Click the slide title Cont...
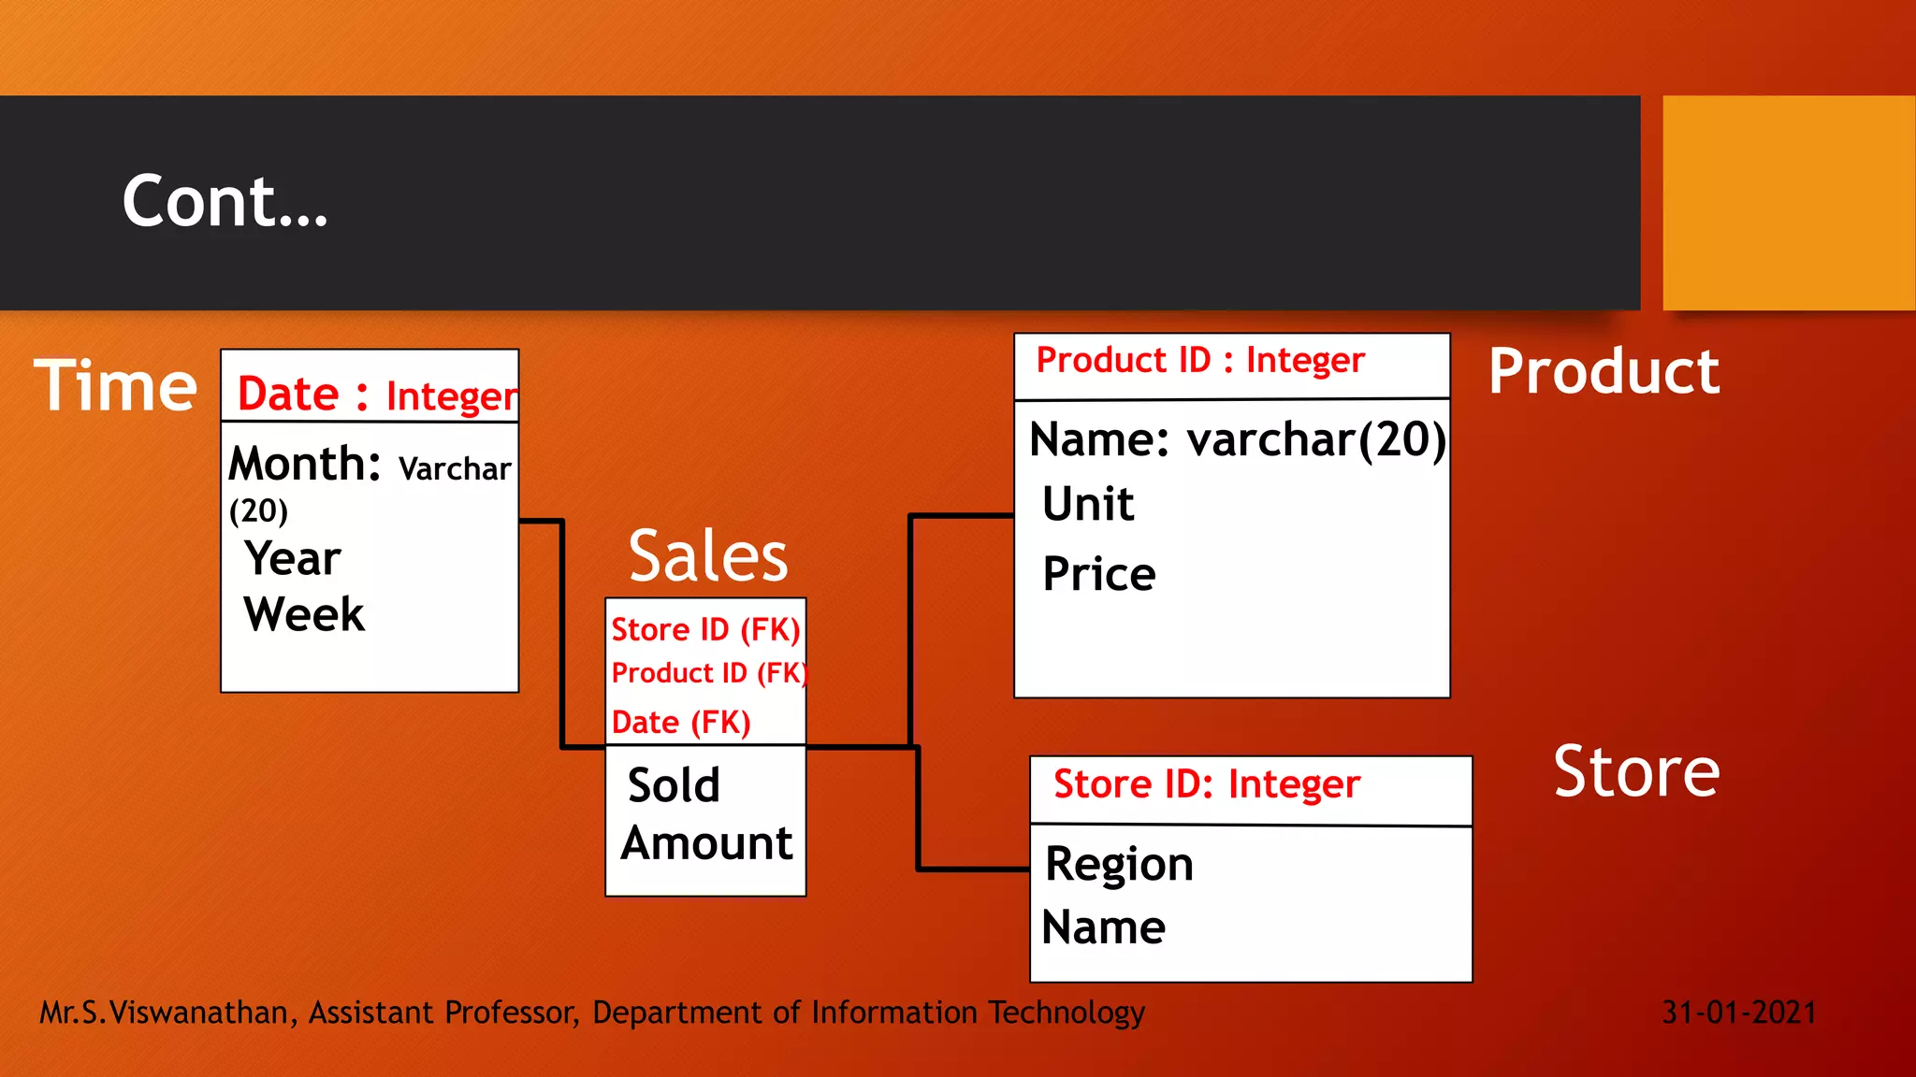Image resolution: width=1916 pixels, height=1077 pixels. tap(225, 202)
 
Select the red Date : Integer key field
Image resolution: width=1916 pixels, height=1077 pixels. tap(376, 395)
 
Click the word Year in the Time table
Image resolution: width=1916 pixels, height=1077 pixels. tap(293, 559)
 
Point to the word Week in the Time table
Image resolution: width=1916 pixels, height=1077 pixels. tap(304, 615)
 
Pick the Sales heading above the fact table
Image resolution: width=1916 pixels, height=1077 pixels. tap(708, 556)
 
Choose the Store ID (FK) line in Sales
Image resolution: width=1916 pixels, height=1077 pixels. tap(705, 630)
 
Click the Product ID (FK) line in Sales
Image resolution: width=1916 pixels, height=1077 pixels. tap(708, 673)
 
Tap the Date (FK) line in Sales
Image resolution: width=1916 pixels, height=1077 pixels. tap(681, 723)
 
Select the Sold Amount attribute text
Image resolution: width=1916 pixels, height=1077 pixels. tap(706, 814)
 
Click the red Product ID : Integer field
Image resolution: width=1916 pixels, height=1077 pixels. tap(1200, 361)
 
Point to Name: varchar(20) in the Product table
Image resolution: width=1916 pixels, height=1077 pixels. tap(1237, 439)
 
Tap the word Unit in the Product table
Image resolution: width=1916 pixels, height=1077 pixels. tap(1088, 505)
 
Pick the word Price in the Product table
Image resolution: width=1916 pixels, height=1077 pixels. tap(1099, 574)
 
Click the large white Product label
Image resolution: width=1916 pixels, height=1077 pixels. tap(1604, 372)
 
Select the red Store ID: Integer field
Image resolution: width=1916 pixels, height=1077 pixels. tap(1207, 784)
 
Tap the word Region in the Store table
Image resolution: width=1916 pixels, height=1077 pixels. tap(1119, 865)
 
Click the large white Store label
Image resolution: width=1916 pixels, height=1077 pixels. tap(1636, 772)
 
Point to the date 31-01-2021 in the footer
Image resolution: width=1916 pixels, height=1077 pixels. tap(1739, 1012)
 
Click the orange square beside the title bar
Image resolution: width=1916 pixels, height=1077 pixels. tap(1789, 203)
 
